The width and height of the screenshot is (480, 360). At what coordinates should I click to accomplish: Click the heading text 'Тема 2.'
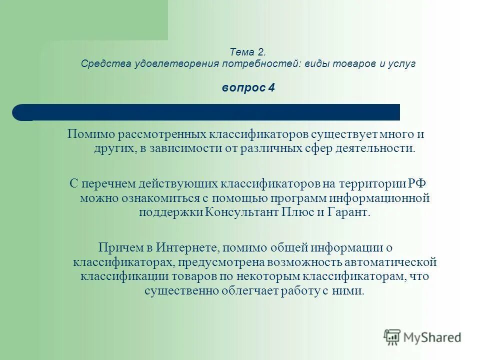248,51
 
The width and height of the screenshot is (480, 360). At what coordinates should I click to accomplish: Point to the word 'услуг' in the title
404,64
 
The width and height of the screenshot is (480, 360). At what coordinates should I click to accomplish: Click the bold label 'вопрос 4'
248,87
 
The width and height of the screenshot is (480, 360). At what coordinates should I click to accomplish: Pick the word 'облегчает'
248,291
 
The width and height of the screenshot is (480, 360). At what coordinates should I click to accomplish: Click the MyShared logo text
433,337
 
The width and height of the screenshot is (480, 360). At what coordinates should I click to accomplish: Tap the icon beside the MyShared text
392,337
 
